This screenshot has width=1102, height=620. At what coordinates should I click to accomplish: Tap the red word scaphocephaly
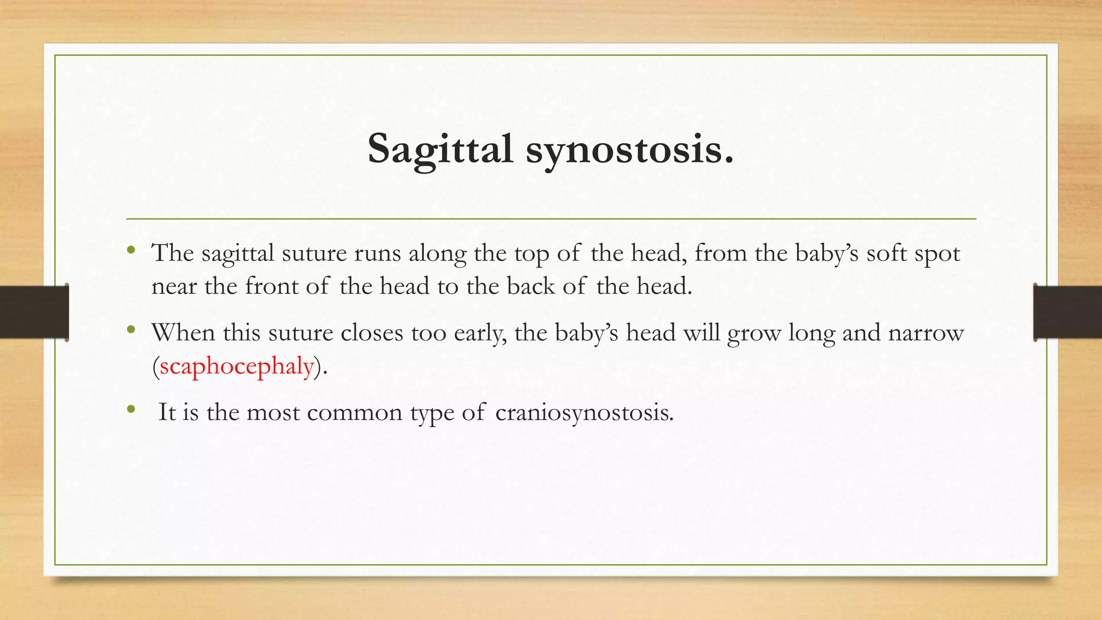click(x=237, y=367)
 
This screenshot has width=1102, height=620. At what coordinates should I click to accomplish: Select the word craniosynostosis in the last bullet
click(x=584, y=413)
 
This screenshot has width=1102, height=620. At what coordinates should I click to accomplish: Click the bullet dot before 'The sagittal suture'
click(x=131, y=249)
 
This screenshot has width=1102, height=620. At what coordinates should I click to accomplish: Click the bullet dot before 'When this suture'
click(x=131, y=329)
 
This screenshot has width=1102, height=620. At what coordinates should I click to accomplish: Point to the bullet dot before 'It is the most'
click(x=131, y=409)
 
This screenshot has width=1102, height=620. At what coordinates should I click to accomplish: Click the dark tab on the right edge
click(x=1068, y=312)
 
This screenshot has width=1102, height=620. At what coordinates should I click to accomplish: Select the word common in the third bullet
click(x=355, y=413)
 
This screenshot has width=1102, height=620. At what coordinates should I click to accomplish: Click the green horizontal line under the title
click(x=551, y=219)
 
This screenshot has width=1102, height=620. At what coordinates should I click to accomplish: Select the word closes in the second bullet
click(x=372, y=333)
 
